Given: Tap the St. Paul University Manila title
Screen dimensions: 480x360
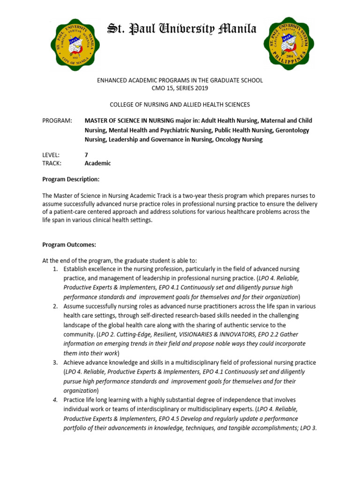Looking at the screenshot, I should (182, 30).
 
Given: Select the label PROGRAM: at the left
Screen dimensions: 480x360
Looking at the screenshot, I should (57, 121).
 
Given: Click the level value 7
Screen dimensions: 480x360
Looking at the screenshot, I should (86, 155).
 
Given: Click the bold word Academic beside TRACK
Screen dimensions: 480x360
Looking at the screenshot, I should (97, 164).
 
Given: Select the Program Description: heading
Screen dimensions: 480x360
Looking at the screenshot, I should (71, 179).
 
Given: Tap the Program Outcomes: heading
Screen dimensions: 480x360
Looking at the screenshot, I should (69, 244).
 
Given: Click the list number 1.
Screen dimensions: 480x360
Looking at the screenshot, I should (55, 269).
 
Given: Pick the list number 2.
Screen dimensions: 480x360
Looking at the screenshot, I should (55, 306).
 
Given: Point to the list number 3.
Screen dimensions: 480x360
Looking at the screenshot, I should (55, 362).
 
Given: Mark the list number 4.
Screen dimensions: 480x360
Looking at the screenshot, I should (55, 400).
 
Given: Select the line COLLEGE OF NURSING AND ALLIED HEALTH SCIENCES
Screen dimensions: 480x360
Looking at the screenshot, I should (180, 105).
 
